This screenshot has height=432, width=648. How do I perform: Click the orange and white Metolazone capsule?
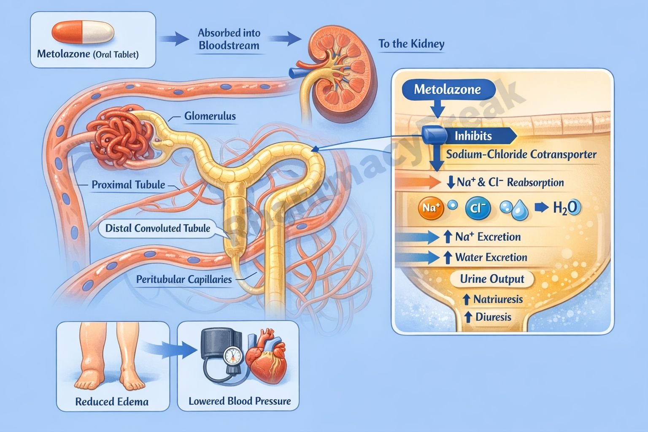pos(83,32)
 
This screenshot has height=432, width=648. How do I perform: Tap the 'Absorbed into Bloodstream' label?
pos(229,39)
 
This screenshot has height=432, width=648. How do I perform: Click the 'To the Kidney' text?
pos(411,44)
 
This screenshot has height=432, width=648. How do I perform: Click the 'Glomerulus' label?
pos(210,116)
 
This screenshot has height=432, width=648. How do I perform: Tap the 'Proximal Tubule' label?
pos(128,184)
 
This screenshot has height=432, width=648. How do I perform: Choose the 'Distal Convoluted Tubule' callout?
pos(157,228)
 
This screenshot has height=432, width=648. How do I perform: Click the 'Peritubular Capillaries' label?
pos(184,279)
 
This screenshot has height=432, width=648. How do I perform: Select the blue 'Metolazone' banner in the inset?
pos(447,89)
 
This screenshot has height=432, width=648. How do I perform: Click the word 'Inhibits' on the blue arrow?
pos(473,136)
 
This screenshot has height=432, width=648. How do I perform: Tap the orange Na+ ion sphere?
pos(431,208)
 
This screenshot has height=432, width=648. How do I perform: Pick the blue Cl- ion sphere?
pos(478,208)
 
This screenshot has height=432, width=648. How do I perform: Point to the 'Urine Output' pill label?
pos(492,279)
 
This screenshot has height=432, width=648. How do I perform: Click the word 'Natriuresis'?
pos(498,300)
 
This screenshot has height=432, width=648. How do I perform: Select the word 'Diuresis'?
pos(493,317)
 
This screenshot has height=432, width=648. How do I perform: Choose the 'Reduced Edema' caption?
pos(112,402)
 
